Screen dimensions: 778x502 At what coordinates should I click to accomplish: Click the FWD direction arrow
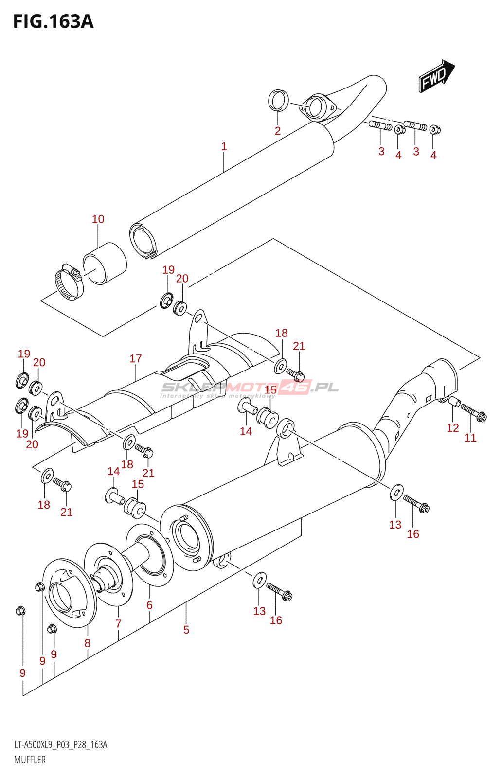[436, 76]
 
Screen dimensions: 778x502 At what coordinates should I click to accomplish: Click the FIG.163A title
[53, 21]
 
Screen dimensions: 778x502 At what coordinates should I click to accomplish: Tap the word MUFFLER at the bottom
[30, 760]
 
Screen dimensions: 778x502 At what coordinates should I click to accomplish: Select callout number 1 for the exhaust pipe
[224, 146]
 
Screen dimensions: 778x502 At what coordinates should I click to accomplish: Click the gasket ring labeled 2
[278, 101]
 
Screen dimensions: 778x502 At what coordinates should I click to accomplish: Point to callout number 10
[98, 219]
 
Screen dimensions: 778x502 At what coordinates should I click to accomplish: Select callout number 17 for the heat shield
[136, 359]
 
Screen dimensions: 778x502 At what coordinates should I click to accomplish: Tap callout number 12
[453, 428]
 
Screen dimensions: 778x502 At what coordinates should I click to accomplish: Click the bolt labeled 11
[473, 413]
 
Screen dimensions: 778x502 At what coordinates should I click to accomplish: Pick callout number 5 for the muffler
[186, 630]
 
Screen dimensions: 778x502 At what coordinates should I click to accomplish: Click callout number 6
[150, 605]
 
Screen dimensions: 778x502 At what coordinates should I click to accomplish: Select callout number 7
[118, 623]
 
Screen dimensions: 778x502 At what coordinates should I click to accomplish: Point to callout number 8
[88, 643]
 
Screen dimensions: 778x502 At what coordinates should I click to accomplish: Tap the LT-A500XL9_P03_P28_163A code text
[61, 745]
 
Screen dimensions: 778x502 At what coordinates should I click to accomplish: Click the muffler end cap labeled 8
[68, 592]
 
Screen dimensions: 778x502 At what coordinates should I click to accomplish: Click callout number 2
[278, 131]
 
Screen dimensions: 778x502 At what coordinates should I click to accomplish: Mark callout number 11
[470, 438]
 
